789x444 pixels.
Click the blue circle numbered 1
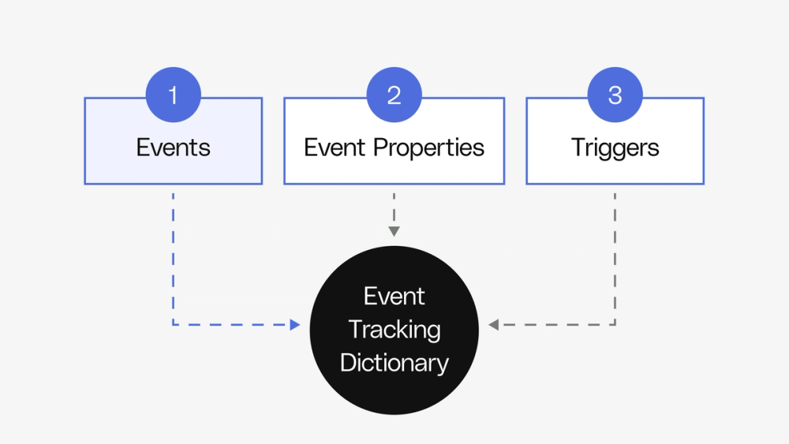coord(174,95)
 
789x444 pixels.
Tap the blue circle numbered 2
coord(394,95)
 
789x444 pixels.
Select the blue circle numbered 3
coord(615,95)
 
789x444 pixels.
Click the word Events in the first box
coord(174,147)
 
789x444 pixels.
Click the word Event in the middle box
coord(335,147)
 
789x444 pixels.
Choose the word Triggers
coord(615,147)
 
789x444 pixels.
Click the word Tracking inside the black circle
coord(394,330)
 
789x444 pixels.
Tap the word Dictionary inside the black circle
coord(394,363)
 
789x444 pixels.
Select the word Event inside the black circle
coord(394,297)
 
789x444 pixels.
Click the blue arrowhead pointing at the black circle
coord(295,324)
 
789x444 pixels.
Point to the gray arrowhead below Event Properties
coord(394,231)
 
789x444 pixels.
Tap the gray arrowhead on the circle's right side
coord(494,324)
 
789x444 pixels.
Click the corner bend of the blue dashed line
coord(174,324)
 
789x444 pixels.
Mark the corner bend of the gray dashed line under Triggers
coord(615,324)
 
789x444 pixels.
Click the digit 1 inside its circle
coord(174,95)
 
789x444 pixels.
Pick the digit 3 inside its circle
coord(615,95)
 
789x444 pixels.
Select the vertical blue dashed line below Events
coord(174,252)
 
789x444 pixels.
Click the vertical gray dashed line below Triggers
coord(615,252)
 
